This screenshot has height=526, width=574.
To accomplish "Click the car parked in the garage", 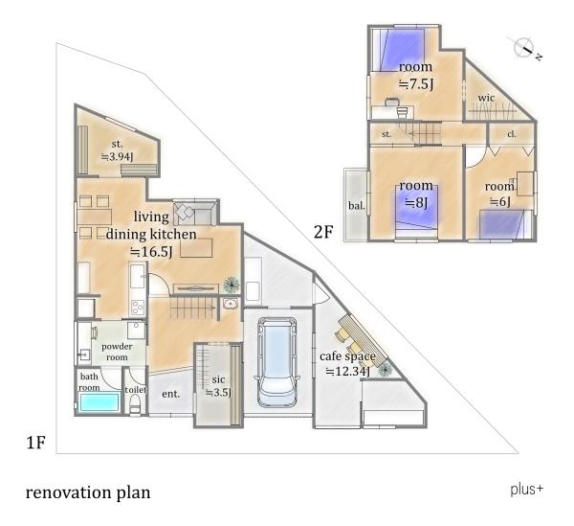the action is pos(277,362).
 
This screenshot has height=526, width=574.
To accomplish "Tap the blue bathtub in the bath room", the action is pos(99,402).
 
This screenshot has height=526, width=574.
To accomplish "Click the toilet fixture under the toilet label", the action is pos(135,404).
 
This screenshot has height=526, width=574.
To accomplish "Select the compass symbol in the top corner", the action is pos(524,47).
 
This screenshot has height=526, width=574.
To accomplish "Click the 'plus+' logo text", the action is pos(527,490).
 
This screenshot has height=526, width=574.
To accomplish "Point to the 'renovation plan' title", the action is pos(88,493).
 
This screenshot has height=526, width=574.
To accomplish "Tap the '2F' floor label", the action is pos(323,232).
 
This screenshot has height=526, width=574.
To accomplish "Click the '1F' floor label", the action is pos(36,443).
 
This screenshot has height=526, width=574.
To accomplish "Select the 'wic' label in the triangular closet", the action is pos(486,98).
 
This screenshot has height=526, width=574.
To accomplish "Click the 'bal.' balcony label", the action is pos(357,206).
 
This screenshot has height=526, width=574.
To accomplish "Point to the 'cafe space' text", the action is pos(347,356).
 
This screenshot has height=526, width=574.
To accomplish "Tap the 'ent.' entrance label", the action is pos(171,394).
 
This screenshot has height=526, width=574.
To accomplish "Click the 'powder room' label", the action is pos(117,352).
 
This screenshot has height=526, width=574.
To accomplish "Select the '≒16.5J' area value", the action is pos(151,252).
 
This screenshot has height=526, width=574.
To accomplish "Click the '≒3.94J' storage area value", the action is pos(117,157).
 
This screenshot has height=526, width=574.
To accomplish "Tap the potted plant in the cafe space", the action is pos(385,370).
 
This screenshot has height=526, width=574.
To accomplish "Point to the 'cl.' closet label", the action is pos(512,134).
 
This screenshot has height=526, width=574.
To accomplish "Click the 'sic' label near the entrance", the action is pos(218,379).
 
